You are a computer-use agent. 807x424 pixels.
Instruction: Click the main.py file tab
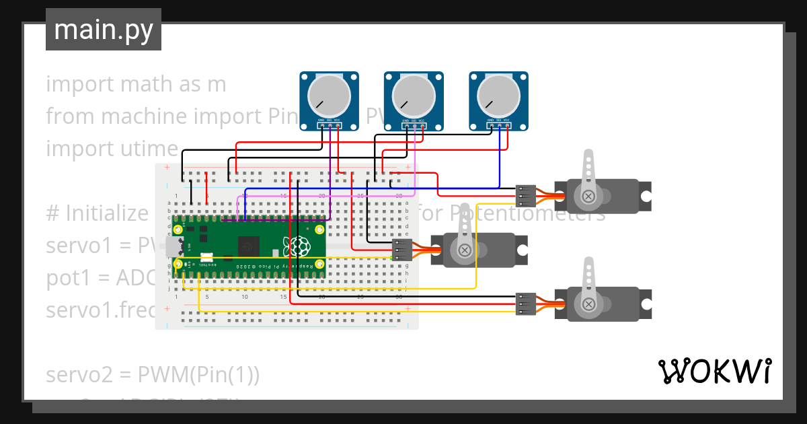coord(103,30)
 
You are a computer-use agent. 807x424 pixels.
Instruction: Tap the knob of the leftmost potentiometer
coord(330,95)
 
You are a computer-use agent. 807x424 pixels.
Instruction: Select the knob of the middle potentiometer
coord(414,95)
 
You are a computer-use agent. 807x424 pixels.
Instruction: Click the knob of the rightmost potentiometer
coord(499,95)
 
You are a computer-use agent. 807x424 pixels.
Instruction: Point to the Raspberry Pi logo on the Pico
coord(297,246)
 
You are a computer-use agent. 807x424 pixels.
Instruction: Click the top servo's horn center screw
coord(588,196)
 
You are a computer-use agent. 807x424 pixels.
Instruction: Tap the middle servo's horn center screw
coord(464,250)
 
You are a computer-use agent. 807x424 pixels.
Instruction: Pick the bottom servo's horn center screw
coord(588,304)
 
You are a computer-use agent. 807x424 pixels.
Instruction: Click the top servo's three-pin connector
coord(525,196)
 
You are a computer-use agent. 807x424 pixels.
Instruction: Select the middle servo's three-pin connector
coord(401,250)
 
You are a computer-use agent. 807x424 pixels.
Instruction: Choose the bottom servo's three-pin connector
coord(525,304)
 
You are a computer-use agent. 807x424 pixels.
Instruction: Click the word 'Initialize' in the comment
coord(107,213)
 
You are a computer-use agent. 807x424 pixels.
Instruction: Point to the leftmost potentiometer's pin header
coord(330,125)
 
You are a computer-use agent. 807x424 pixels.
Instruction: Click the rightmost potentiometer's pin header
coord(499,125)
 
